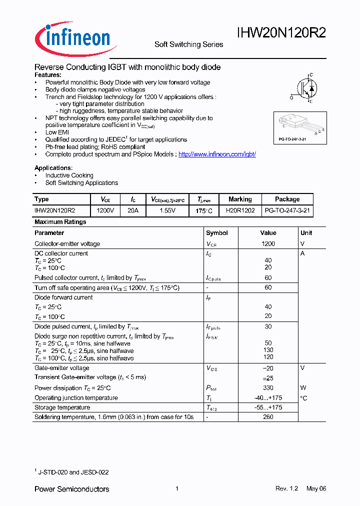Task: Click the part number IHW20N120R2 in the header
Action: pos(281,33)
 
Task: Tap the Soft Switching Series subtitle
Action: pos(188,44)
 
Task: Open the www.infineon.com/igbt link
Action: pos(217,154)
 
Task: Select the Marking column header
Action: pos(240,199)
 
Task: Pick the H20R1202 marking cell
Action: pos(240,211)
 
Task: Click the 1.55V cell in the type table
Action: pos(167,211)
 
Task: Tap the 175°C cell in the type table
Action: pos(204,211)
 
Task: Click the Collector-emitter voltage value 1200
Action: pos(268,244)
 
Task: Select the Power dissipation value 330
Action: pos(268,388)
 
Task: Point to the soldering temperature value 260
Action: pos(268,417)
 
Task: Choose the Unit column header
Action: pos(306,233)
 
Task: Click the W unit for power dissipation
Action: pos(303,388)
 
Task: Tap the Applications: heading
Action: pos(53,168)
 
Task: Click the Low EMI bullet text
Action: pos(57,132)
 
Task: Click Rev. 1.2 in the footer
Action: pos(286,488)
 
